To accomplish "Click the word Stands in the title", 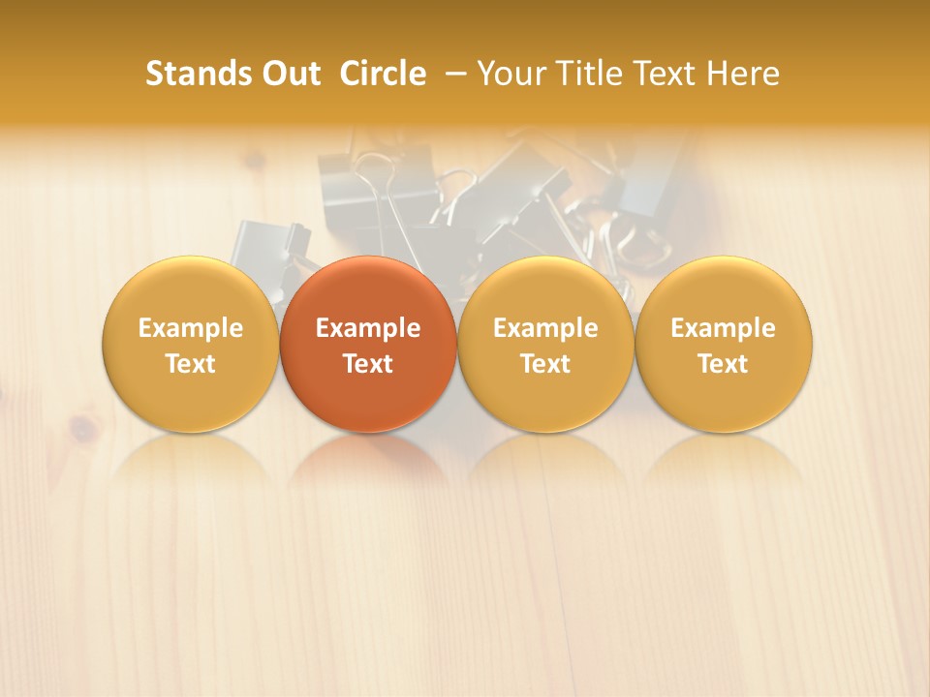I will coord(197,74).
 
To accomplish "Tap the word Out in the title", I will coord(289,74).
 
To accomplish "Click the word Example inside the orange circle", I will coord(368,328).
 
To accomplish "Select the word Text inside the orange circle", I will coord(368,364).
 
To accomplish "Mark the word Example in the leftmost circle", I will coord(191,328).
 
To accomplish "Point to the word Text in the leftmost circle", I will coord(191,364).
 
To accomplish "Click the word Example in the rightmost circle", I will coord(724,328).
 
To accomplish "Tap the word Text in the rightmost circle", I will coord(724,364).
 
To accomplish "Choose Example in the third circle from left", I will coord(545,328).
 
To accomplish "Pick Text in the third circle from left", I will coord(545,364).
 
